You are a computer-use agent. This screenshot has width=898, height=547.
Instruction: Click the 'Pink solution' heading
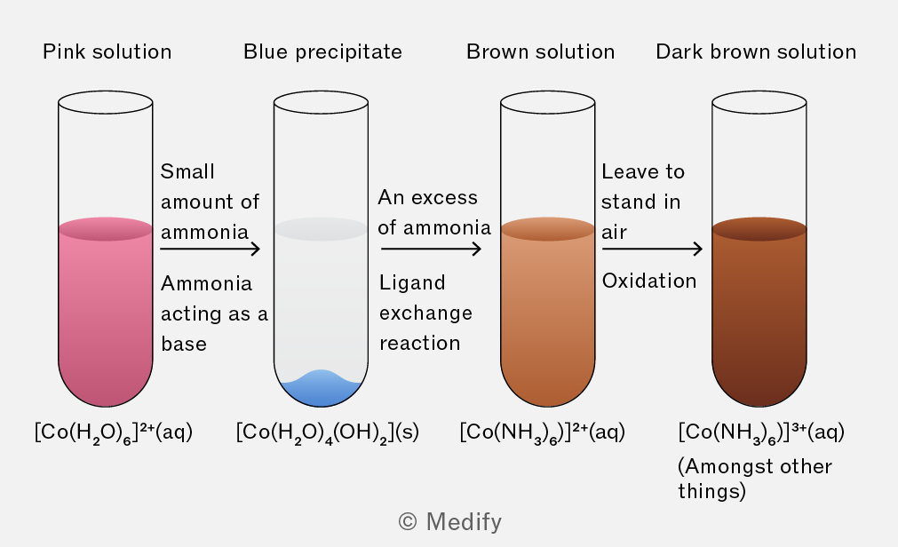click(107, 52)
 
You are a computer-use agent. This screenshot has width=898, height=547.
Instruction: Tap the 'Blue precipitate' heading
click(323, 52)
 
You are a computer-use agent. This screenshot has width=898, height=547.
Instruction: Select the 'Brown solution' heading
click(541, 52)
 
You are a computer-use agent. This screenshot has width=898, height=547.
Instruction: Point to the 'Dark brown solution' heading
click(756, 52)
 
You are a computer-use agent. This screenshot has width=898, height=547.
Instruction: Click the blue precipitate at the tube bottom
click(321, 390)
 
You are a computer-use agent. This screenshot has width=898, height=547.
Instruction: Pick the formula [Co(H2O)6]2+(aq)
click(114, 432)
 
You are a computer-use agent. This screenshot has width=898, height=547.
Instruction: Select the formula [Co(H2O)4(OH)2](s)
click(328, 432)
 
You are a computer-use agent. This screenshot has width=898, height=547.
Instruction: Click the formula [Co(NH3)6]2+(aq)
click(543, 432)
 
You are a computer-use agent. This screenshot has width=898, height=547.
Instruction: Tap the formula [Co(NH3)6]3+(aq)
click(761, 432)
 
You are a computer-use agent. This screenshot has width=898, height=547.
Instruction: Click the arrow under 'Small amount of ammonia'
click(211, 249)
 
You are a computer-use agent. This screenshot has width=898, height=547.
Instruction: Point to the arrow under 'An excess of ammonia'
click(432, 249)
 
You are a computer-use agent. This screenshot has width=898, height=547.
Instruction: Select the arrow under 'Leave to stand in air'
click(652, 249)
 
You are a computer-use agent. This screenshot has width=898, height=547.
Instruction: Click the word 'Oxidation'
click(649, 281)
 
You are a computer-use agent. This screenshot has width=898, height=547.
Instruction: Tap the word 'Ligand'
click(412, 283)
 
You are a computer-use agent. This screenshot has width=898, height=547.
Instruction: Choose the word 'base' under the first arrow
click(184, 344)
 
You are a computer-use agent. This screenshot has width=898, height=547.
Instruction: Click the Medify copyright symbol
click(408, 522)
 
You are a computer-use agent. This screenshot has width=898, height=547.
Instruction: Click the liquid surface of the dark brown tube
click(759, 228)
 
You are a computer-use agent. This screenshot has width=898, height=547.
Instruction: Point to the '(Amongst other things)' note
click(755, 479)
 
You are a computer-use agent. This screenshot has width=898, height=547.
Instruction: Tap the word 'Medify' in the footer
click(464, 522)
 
